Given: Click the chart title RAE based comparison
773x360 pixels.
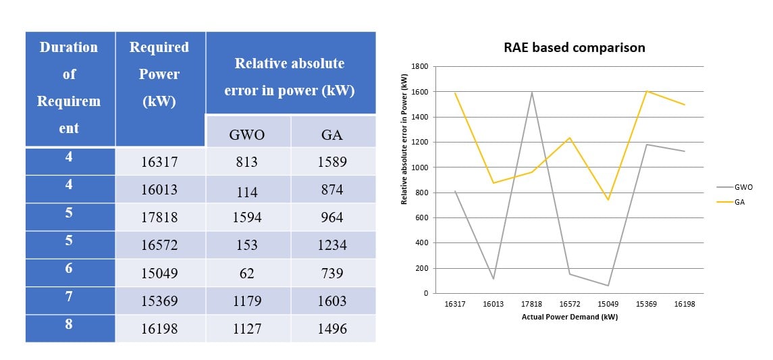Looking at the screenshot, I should (574, 47).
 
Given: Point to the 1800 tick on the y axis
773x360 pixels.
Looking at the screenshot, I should (419, 67).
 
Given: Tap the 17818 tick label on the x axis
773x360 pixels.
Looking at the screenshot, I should (531, 305).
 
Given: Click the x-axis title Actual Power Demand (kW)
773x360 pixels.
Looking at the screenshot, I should (569, 317).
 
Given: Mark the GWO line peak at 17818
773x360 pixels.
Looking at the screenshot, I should (531, 92).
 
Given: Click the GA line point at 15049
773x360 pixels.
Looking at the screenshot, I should (608, 200).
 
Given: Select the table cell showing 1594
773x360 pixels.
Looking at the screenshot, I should (248, 217).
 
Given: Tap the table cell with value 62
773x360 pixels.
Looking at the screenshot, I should (248, 274).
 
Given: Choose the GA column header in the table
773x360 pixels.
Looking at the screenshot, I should (332, 134).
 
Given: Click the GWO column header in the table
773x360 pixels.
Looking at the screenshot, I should (247, 134).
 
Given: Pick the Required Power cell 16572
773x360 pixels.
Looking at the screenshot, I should (159, 245).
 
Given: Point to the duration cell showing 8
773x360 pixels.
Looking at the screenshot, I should (69, 324).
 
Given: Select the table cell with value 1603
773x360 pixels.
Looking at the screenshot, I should (332, 301).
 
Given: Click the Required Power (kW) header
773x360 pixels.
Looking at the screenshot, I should (159, 74).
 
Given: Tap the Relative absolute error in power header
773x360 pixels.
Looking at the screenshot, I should (290, 76).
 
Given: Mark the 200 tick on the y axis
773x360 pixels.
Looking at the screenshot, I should (421, 268).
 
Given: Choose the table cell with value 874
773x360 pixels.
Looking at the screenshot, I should (332, 190).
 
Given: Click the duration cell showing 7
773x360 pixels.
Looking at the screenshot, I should (69, 297).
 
